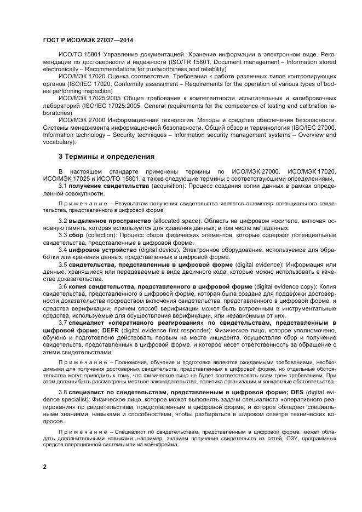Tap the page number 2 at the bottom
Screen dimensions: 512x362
[x=44, y=466]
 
